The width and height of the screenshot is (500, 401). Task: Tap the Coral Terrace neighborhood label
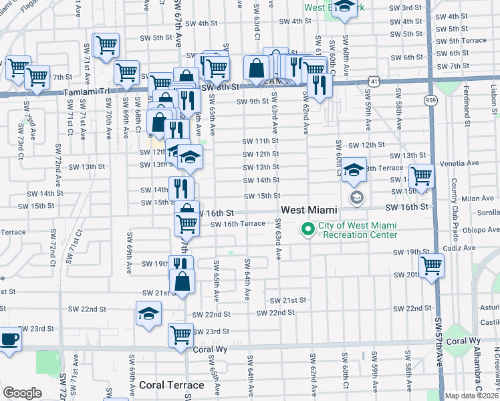172,385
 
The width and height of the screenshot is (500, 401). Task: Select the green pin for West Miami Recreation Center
308,229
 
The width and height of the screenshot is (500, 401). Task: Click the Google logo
22,393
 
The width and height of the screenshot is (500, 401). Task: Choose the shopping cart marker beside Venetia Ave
421,176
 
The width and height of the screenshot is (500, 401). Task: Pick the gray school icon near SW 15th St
356,197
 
